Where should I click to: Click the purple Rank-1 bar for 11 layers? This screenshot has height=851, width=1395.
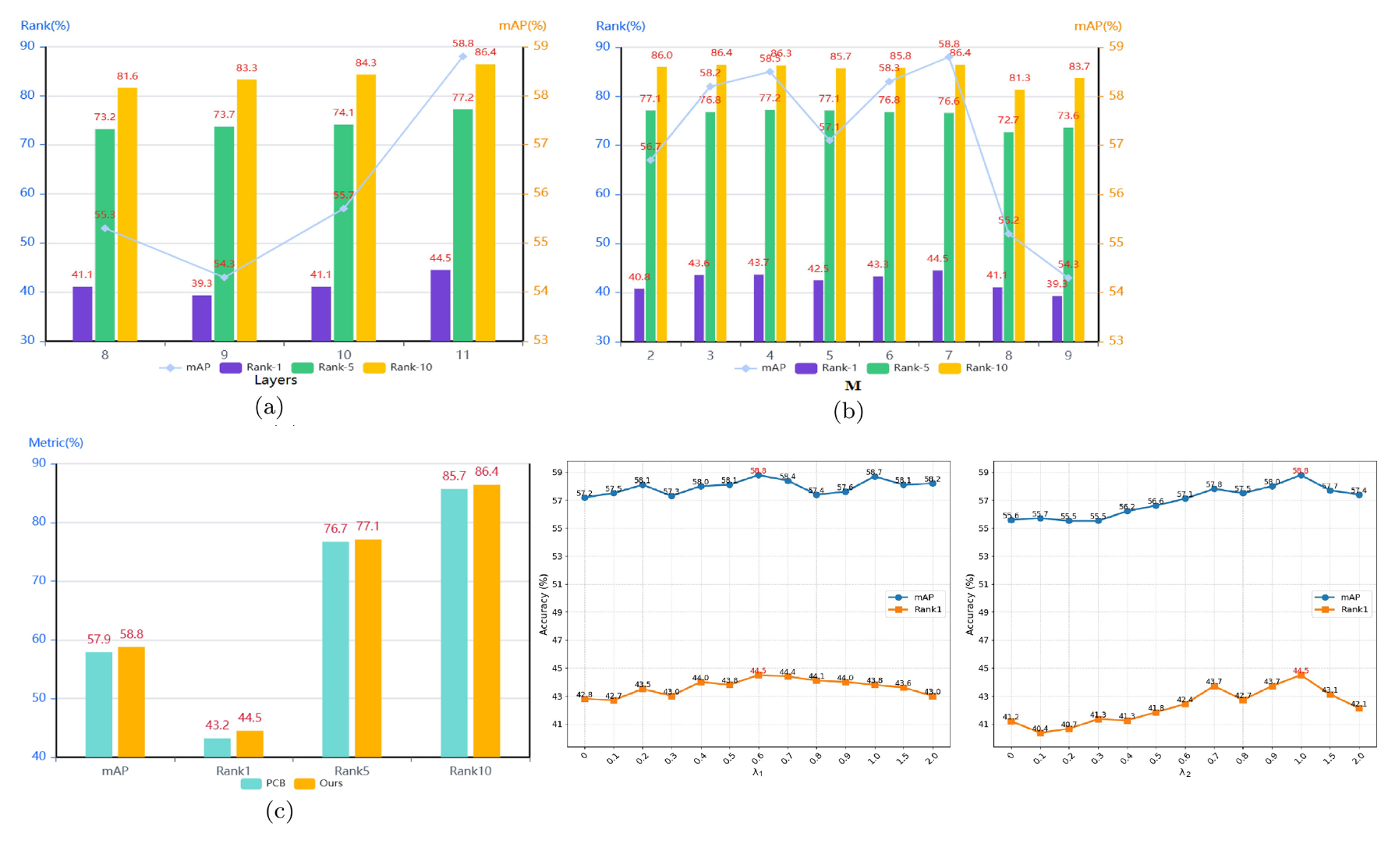pos(440,305)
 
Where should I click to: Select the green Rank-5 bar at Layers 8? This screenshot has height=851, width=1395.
pos(104,234)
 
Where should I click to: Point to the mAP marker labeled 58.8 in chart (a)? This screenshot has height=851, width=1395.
pos(462,56)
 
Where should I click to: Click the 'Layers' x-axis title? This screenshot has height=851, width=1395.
pos(275,381)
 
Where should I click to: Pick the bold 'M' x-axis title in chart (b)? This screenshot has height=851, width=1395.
pos(852,386)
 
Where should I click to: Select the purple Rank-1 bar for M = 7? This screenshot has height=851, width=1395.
pos(937,305)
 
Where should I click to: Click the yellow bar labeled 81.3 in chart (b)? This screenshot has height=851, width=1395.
pos(1019,215)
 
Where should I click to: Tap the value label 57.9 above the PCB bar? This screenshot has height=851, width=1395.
pos(99,640)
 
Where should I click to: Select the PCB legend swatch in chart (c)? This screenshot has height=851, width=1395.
pos(251,784)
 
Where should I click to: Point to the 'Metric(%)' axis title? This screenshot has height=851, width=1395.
pos(55,443)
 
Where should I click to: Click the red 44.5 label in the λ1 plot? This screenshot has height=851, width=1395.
pos(758,671)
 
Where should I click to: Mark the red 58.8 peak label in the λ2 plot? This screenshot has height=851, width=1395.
pos(1300,471)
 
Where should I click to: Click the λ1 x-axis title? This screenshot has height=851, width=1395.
pos(757,772)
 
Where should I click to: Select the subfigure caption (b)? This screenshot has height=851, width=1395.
pos(848,411)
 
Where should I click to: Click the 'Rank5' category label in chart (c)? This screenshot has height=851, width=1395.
pos(352,771)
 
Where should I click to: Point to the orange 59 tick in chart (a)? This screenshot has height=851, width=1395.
pos(540,46)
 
